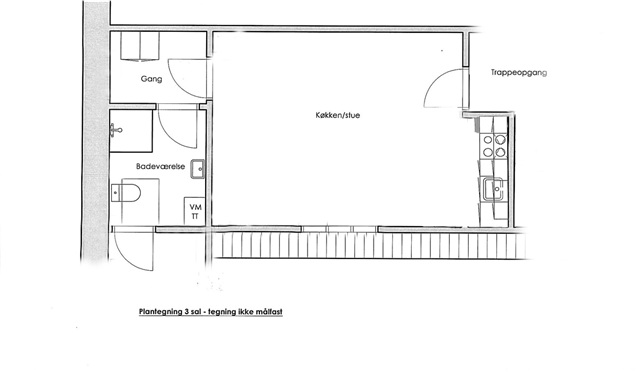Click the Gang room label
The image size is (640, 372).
click(151, 79)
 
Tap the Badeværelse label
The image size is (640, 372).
click(160, 167)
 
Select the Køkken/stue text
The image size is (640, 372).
click(338, 116)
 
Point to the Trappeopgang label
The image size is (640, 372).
click(518, 73)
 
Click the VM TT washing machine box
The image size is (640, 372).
click(195, 211)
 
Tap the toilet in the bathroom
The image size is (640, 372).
click(126, 193)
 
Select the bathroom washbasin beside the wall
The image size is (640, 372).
click(198, 169)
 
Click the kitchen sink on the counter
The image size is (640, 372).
click(493, 189)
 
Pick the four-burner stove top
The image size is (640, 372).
click(494, 146)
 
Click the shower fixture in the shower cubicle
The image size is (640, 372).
click(116, 130)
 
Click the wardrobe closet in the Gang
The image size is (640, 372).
click(140, 46)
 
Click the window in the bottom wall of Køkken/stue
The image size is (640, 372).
click(340, 229)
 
